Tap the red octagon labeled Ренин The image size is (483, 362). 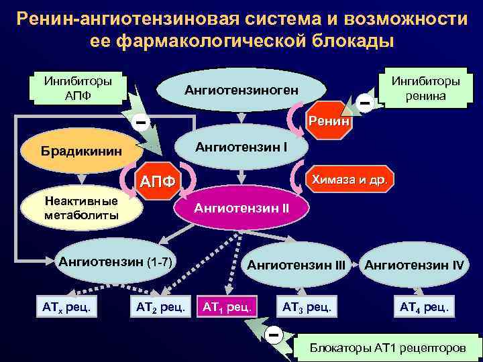[x=327, y=121]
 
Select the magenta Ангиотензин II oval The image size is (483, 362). [x=241, y=208]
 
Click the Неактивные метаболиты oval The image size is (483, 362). [x=80, y=208]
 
